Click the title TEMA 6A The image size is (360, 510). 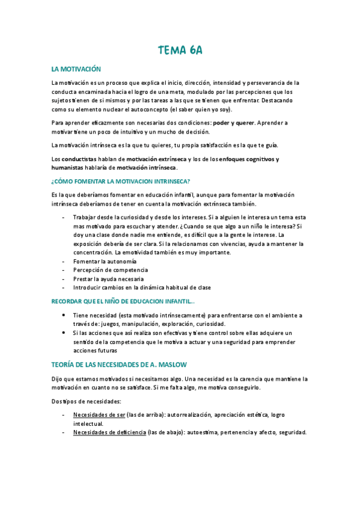tap(180, 51)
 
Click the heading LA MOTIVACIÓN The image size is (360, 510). tap(76, 70)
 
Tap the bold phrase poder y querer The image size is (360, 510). tap(234, 122)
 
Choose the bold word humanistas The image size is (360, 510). tap(69, 167)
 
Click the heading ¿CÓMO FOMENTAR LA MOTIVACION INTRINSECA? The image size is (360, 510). tap(121, 181)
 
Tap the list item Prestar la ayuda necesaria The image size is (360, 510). tap(108, 278)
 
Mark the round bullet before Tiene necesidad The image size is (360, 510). tap(64, 315)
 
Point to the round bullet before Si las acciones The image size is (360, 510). tap(64, 333)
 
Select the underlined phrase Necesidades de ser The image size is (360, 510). tap(99, 415)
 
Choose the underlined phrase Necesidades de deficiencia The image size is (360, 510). tap(109, 432)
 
